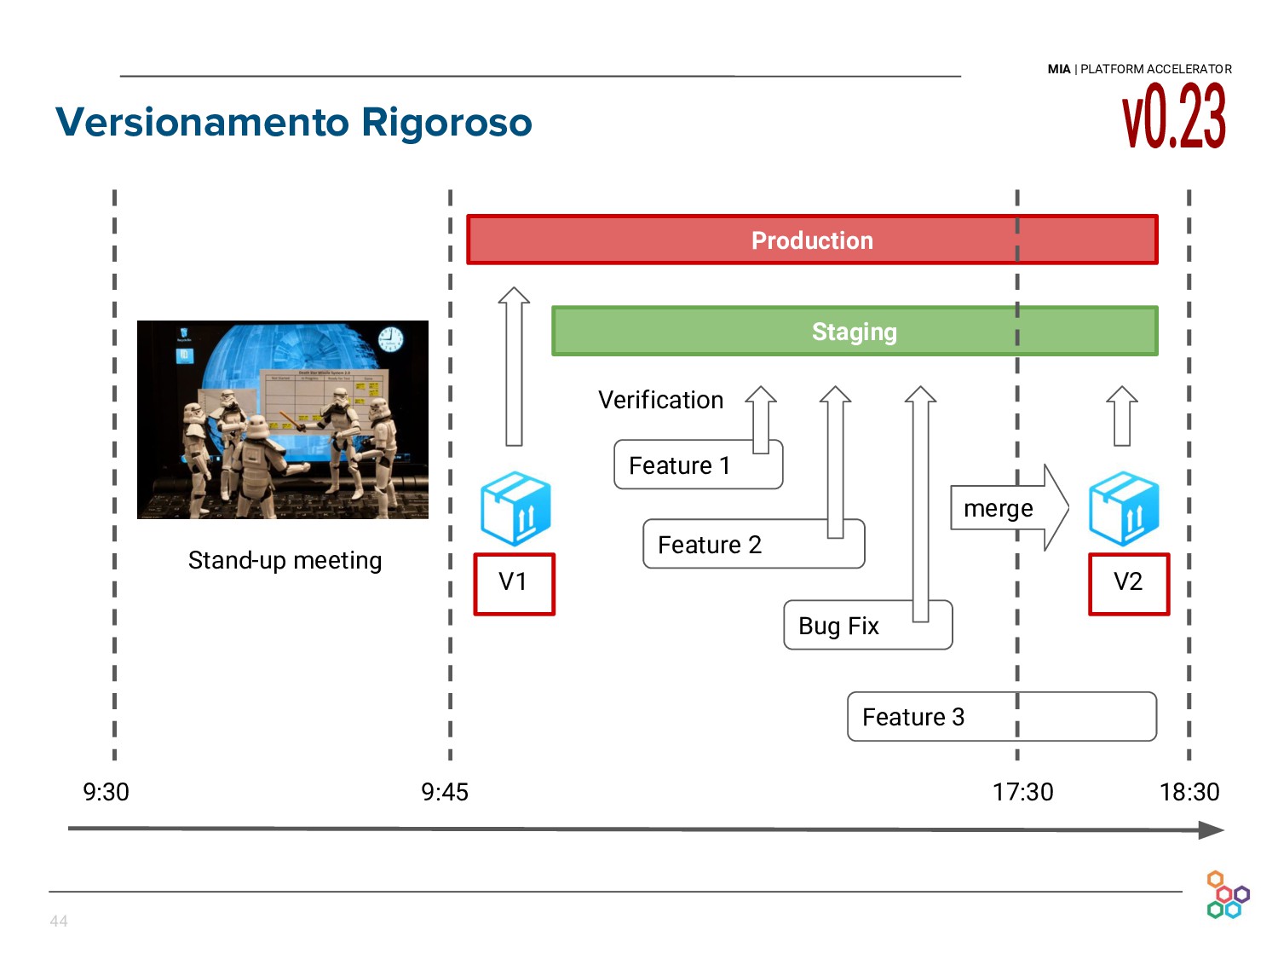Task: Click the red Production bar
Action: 812,240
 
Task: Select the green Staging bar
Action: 854,332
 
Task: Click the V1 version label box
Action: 514,584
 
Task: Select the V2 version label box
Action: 1129,584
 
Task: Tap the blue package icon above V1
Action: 515,509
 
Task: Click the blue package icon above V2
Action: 1124,509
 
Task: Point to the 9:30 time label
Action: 106,793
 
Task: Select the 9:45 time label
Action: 445,793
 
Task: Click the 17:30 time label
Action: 1022,793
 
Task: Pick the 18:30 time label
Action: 1189,793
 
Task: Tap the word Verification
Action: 660,401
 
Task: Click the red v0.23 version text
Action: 1174,118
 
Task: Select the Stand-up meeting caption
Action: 285,561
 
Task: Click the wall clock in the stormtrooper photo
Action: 390,339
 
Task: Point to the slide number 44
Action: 59,921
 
